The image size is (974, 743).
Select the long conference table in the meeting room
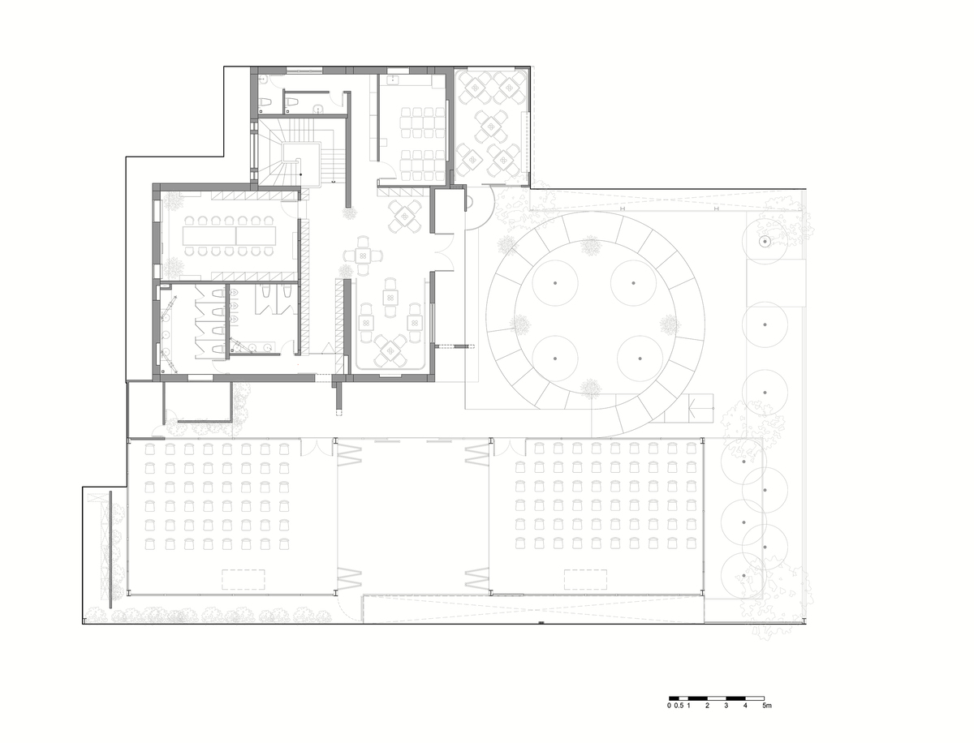(229, 235)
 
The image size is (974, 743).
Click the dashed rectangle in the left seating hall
(243, 579)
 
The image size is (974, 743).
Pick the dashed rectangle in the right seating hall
(585, 579)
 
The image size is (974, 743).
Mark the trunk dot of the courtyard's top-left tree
(554, 283)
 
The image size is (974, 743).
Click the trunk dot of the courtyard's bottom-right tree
(640, 359)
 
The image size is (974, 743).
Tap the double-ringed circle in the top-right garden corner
(765, 241)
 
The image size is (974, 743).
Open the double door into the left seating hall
(317, 447)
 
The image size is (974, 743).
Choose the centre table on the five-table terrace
(491, 127)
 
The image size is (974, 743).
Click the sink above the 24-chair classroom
(394, 79)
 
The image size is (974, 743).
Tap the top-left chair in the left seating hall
(150, 449)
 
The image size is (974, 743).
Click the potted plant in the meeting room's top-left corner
(174, 201)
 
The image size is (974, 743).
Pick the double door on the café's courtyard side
(443, 253)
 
